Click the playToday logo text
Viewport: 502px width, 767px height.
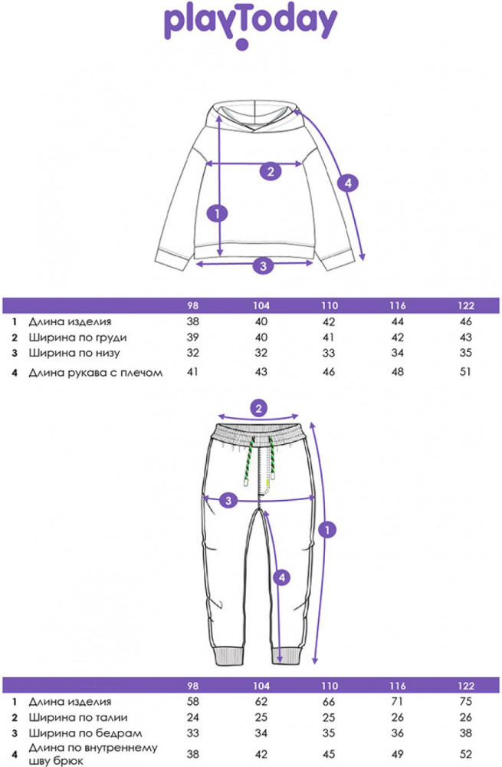click(x=251, y=23)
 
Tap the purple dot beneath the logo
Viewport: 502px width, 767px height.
click(x=242, y=45)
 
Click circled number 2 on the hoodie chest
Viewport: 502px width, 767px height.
click(x=269, y=171)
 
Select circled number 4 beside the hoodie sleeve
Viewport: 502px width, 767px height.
click(x=347, y=183)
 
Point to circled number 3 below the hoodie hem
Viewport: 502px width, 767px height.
click(x=263, y=266)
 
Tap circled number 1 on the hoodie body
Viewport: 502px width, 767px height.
click(x=219, y=213)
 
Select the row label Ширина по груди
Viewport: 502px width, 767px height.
click(x=77, y=337)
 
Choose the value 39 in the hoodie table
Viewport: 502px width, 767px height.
click(x=193, y=337)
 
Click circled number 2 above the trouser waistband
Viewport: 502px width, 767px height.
click(x=261, y=407)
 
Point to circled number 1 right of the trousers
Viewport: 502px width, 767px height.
click(x=329, y=529)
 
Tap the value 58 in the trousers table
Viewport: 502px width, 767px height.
click(x=193, y=701)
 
